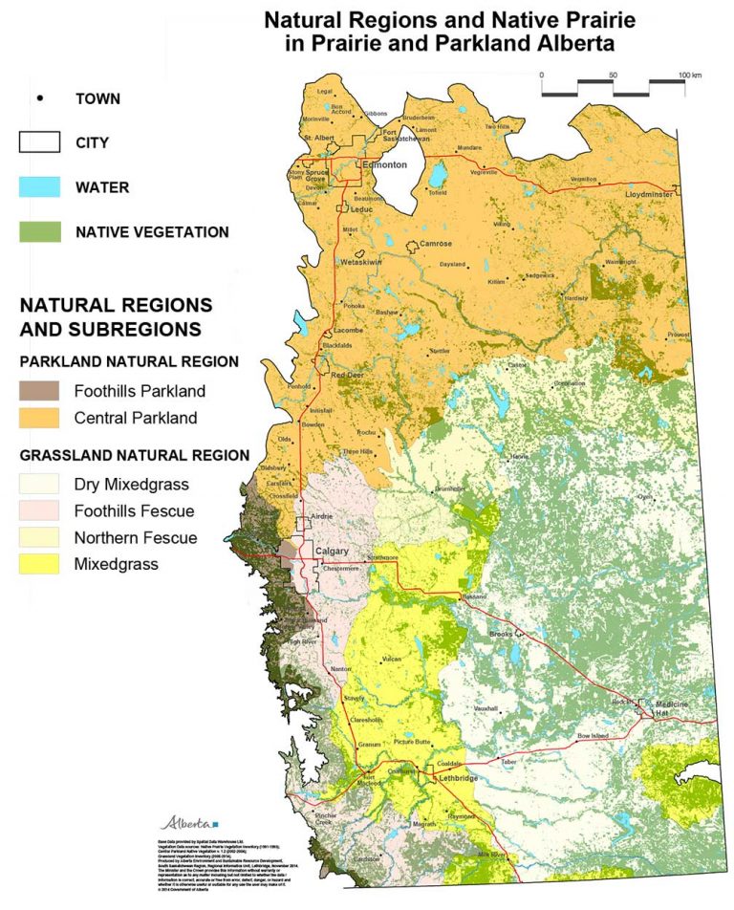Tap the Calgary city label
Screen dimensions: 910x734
tap(326, 552)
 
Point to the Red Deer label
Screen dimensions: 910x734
tap(347, 375)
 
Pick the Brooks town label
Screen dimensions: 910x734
tap(502, 635)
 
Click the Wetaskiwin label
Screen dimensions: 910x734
tap(361, 260)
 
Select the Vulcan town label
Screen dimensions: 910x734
tap(392, 660)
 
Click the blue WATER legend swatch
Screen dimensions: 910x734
tap(39, 187)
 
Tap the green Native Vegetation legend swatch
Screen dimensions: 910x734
tap(39, 231)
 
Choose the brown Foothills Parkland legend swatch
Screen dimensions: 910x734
tap(39, 391)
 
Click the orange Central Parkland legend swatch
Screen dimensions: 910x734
tap(39, 417)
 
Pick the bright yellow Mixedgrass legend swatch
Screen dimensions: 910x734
tap(39, 564)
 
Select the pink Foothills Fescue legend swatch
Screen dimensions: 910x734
tap(39, 510)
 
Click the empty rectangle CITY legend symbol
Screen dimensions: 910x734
tap(39, 142)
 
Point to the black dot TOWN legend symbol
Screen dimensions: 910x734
tap(39, 98)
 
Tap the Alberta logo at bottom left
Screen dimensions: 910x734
tap(188, 821)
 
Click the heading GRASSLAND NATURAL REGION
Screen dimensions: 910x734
tap(135, 455)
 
